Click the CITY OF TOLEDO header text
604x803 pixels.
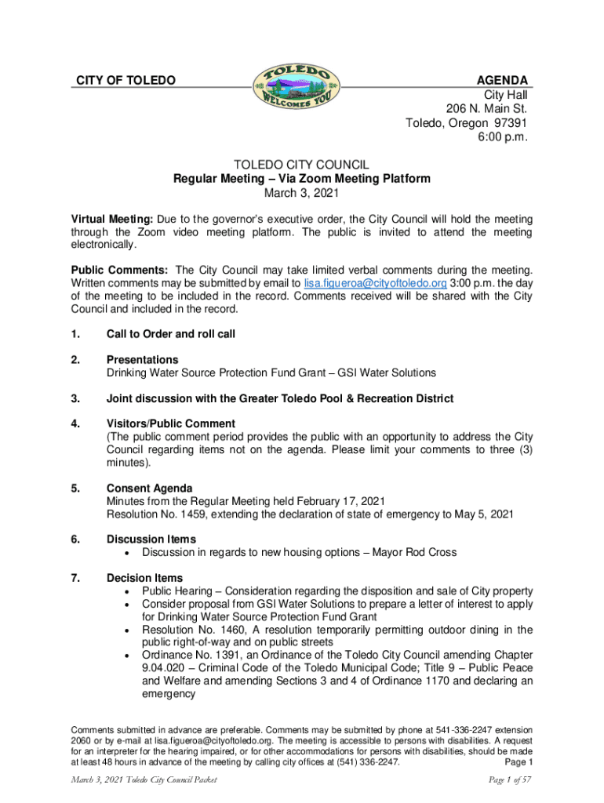click(x=125, y=81)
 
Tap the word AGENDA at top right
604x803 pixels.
click(x=502, y=81)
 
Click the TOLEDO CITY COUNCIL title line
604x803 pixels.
click(x=301, y=164)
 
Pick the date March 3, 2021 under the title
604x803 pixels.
click(x=301, y=193)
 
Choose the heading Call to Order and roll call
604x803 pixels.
click(x=171, y=334)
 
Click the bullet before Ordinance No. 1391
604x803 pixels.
click(x=128, y=656)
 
